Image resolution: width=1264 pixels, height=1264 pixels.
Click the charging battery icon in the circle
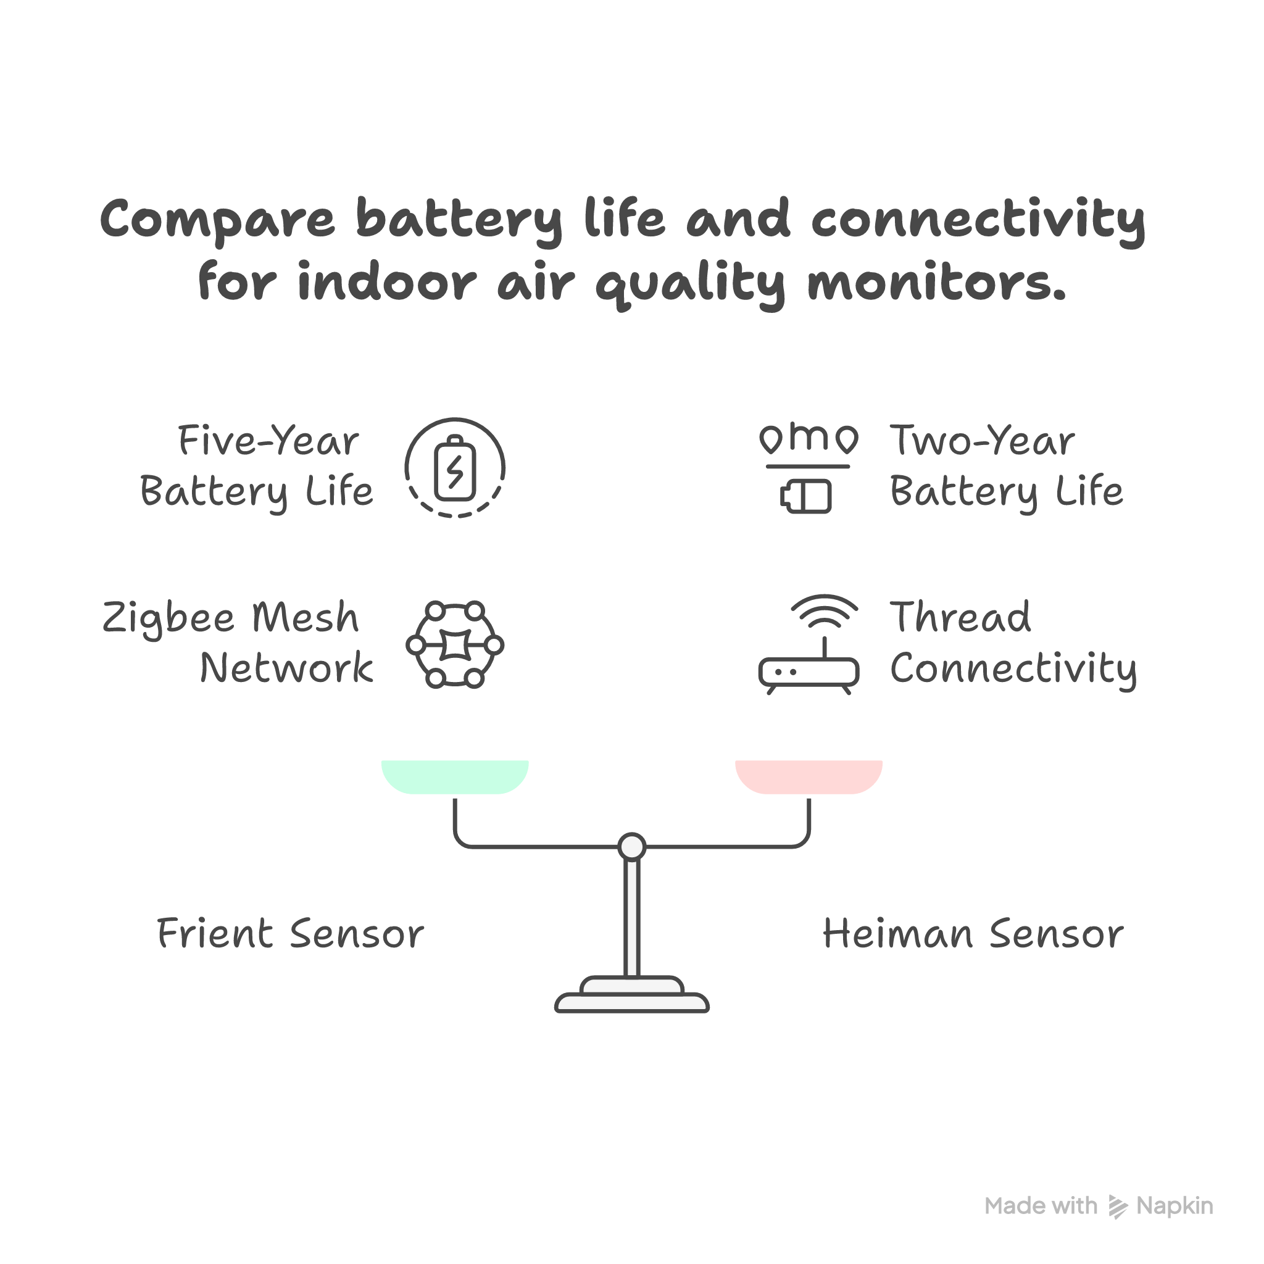click(x=455, y=468)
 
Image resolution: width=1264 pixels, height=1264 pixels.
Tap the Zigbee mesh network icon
click(x=455, y=644)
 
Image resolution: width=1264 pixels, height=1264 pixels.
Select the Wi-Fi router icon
click(x=809, y=644)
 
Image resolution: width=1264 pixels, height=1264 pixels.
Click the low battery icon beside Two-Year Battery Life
click(x=806, y=496)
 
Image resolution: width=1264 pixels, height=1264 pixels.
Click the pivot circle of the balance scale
click(x=632, y=847)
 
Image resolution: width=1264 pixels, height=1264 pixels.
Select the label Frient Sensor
click(x=291, y=934)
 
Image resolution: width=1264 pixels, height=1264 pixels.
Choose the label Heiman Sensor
click(x=973, y=934)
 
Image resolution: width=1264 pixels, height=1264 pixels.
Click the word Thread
click(x=960, y=618)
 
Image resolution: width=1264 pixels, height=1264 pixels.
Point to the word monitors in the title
click(x=936, y=283)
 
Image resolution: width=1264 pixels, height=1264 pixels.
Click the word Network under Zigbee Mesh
click(x=286, y=668)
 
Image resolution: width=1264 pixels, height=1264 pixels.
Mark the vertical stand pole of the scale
click(x=632, y=916)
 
